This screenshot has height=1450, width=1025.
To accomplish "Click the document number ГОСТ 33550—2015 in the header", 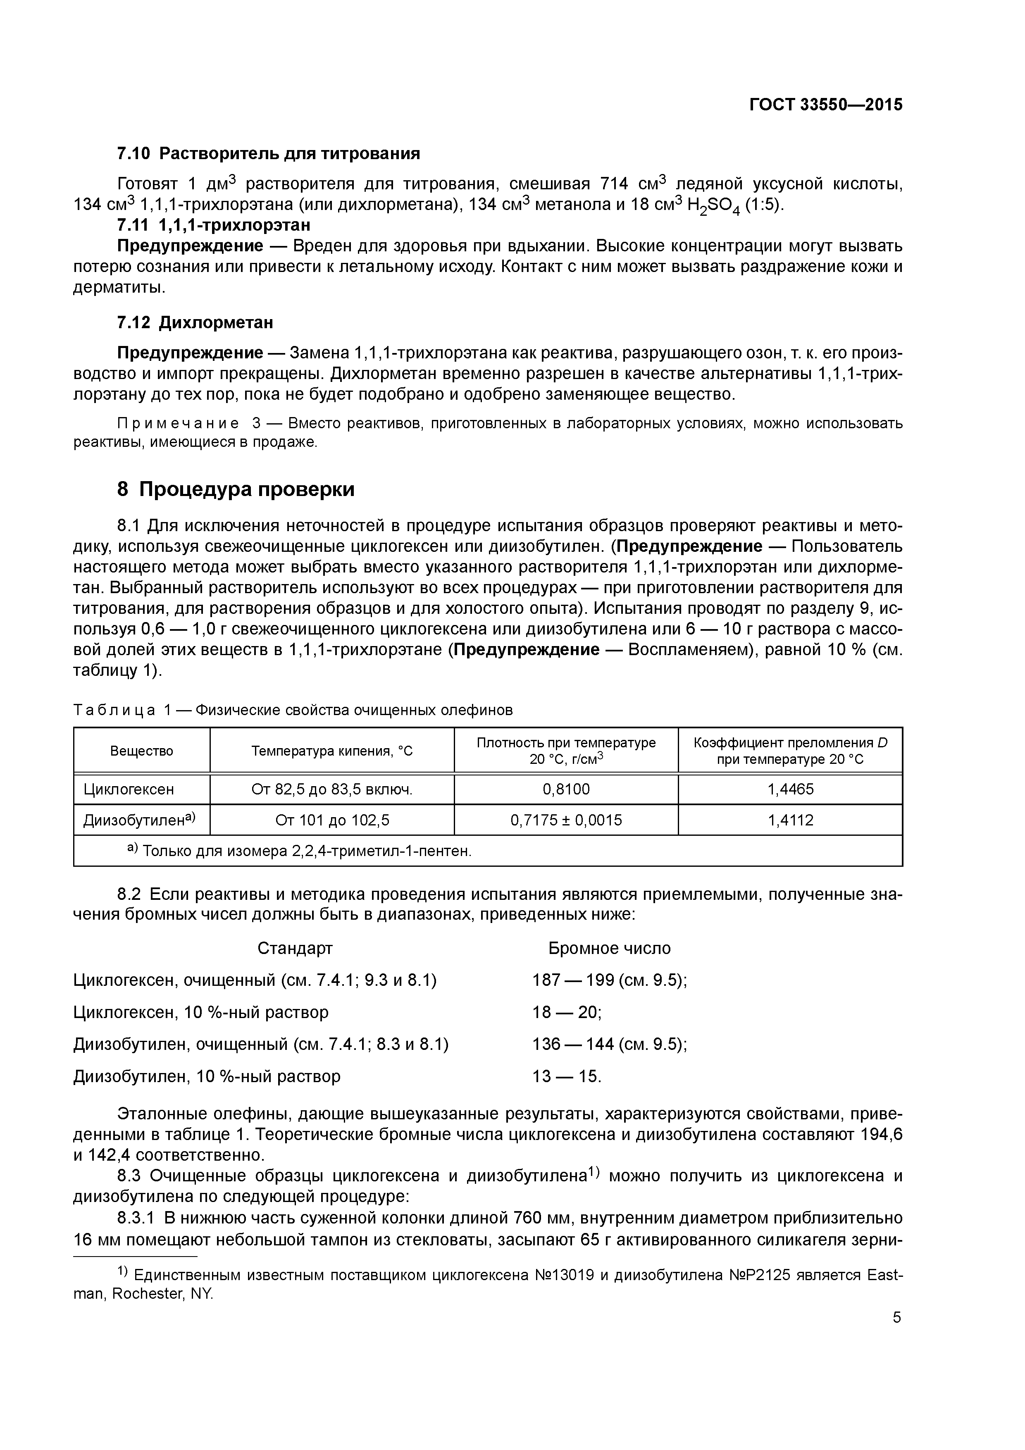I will coord(825,105).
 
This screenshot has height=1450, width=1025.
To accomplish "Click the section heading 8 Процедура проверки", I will coord(236,489).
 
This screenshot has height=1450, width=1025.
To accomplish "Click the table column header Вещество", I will coord(141,751).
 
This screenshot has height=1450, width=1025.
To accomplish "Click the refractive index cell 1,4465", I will coord(790,789).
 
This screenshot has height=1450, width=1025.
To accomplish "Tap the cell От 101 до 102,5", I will coord(332,820).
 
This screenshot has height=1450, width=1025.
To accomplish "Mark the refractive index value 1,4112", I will coord(790,820).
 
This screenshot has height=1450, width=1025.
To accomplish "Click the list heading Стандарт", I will coord(295,949).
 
